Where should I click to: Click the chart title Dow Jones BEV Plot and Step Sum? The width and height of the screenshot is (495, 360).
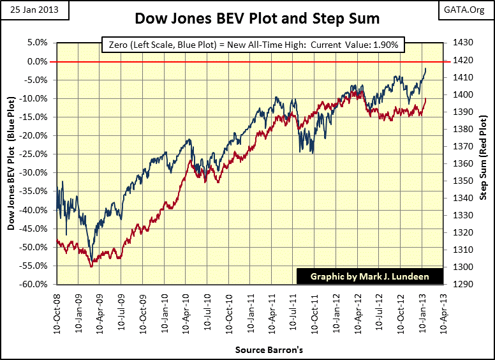257,19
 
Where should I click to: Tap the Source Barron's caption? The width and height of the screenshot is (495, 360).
269,350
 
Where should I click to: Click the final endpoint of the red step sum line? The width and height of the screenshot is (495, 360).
425,99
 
